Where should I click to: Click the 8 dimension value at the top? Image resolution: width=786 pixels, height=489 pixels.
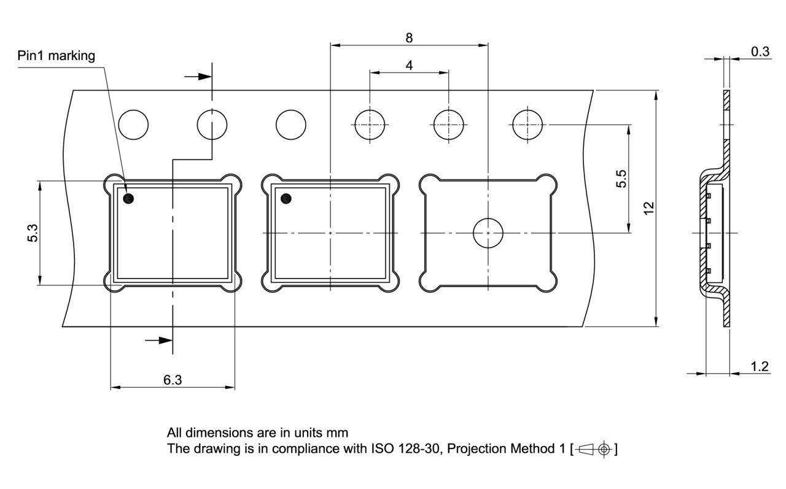pos(409,38)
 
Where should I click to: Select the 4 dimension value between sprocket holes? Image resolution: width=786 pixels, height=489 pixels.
pos(409,65)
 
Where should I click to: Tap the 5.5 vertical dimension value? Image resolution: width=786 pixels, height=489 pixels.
pos(621,179)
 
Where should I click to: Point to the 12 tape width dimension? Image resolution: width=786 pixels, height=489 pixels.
pos(649,208)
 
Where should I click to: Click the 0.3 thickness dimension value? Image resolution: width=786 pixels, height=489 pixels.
pos(760,52)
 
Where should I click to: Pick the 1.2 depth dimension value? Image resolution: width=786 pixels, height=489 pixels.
pos(760,366)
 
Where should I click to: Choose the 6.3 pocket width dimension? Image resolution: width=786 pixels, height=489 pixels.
pos(173,380)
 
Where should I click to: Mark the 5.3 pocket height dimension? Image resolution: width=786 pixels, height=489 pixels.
pos(33,233)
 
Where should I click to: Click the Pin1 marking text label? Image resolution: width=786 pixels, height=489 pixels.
pos(56,56)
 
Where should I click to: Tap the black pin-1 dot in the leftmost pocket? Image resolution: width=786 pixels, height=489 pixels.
pos(128,199)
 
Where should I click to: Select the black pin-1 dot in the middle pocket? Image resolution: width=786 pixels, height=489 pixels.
pos(286,199)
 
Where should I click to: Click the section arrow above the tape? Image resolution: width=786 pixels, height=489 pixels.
pos(198,77)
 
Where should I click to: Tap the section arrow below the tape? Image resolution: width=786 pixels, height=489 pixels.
pos(158,340)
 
